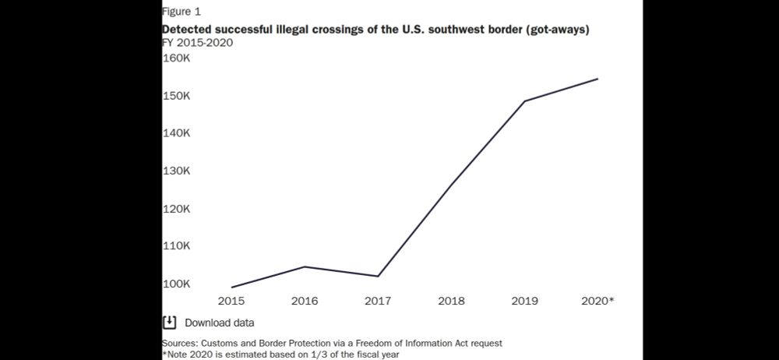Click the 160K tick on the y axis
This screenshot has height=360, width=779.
[x=176, y=58]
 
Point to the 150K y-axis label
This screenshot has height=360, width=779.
[x=176, y=96]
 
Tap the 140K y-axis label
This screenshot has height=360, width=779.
[x=176, y=133]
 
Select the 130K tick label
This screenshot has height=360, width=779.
[x=176, y=171]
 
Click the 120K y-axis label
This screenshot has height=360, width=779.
[x=176, y=209]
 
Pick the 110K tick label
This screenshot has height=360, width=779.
[x=176, y=245]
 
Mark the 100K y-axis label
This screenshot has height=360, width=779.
[x=176, y=284]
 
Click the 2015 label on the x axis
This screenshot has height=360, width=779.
[x=231, y=301]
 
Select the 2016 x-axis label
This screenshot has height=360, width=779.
[x=304, y=301]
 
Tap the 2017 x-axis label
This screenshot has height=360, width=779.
[x=378, y=301]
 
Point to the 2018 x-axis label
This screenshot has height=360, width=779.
[x=452, y=301]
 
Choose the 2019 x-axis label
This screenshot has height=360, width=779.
[x=524, y=301]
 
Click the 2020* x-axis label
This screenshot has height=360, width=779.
[x=598, y=301]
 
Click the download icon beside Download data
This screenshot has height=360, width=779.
[x=169, y=322]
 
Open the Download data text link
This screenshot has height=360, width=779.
[x=219, y=323]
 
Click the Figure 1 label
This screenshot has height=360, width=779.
[x=181, y=12]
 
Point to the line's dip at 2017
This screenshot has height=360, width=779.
[x=378, y=276]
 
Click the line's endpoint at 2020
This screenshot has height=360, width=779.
[x=597, y=79]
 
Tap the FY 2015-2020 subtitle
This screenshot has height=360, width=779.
[x=197, y=42]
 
